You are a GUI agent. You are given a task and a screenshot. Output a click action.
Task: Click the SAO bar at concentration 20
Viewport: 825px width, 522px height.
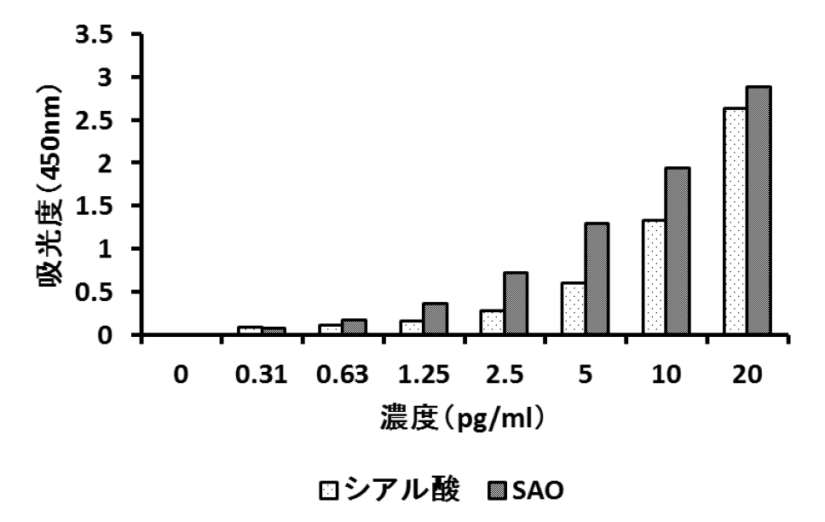click(x=759, y=210)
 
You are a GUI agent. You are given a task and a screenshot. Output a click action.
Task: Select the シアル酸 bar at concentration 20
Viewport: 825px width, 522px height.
click(x=735, y=221)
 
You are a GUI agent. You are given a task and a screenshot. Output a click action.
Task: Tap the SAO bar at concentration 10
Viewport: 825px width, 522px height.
click(x=678, y=251)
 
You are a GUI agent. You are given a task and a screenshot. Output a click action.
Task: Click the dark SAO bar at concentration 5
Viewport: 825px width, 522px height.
click(x=597, y=279)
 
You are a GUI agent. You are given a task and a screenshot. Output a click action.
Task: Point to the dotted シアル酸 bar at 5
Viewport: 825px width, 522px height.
click(x=573, y=308)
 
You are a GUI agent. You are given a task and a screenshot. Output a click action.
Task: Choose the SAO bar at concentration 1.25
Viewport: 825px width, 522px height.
click(x=435, y=318)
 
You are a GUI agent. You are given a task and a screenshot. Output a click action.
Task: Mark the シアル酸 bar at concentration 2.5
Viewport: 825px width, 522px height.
click(x=492, y=322)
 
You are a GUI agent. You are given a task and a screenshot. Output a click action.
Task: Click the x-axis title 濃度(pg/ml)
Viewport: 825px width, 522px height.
click(x=463, y=419)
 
